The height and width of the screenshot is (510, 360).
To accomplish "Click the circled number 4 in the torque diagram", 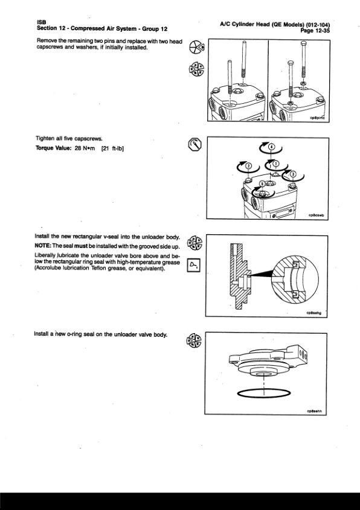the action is click(271, 147).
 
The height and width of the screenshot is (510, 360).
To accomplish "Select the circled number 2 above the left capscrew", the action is click(249, 166).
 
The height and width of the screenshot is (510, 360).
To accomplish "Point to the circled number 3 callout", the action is click(293, 174).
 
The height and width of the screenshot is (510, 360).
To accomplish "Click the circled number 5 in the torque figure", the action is click(263, 185).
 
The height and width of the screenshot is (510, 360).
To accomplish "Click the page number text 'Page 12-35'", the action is click(315, 31).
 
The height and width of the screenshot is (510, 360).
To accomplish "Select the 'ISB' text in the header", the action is click(41, 22).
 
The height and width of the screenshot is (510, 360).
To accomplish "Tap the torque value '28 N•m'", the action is click(85, 148).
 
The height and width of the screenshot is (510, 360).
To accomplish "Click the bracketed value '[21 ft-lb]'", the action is click(112, 148).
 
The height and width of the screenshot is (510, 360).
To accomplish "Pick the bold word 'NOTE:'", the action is click(43, 246).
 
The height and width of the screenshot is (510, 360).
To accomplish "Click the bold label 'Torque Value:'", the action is click(53, 148).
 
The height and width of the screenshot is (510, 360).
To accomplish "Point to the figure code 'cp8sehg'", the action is click(313, 313).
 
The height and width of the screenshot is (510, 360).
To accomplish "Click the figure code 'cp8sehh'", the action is click(314, 411).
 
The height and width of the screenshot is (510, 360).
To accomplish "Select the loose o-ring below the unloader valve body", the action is click(264, 389).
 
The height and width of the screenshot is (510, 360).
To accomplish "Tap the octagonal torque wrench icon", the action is click(194, 145).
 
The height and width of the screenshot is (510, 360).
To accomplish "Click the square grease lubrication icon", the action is click(194, 265).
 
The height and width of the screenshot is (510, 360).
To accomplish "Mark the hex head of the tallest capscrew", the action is click(303, 43).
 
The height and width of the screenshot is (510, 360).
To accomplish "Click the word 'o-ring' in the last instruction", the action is click(74, 334).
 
